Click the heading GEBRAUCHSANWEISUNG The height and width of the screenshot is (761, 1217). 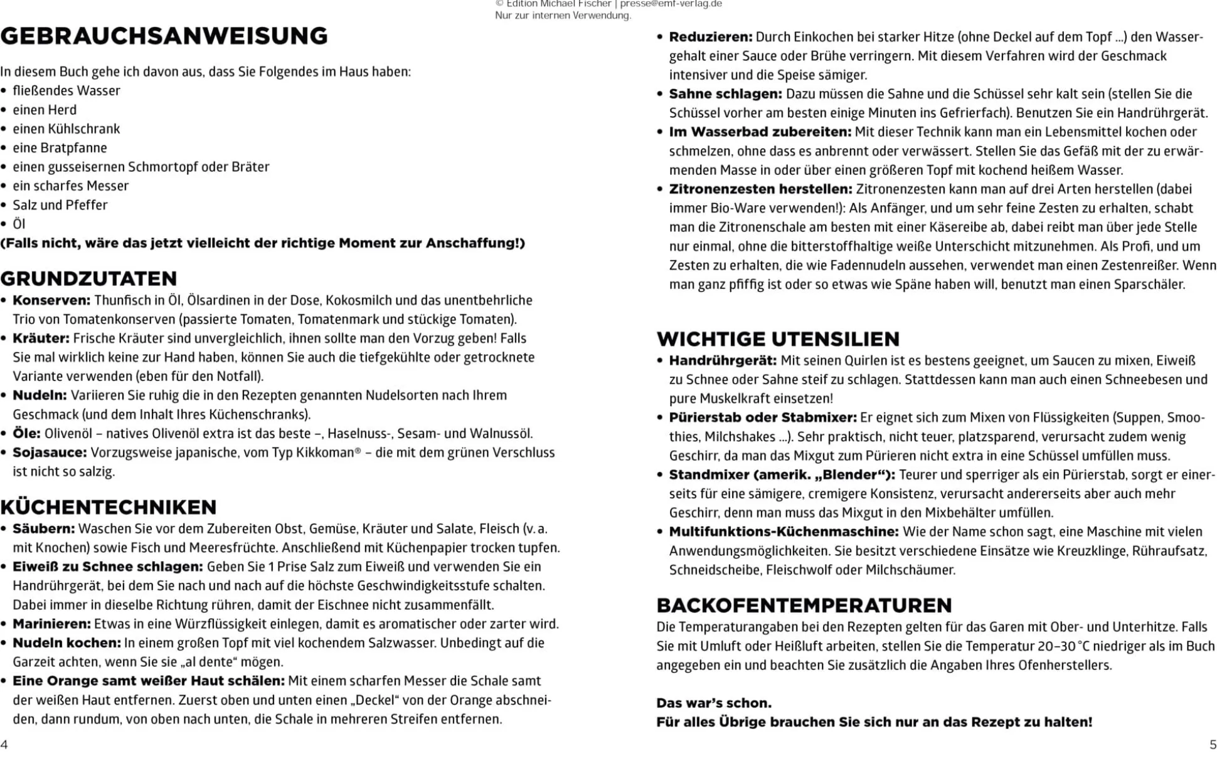pos(164,36)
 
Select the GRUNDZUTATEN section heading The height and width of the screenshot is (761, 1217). pos(88,278)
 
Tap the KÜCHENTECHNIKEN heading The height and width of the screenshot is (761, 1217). pos(109,506)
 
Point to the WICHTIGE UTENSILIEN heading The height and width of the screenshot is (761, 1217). pos(778,339)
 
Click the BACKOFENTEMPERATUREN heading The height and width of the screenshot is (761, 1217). pos(804,605)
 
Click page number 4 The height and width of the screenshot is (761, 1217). pos(4,745)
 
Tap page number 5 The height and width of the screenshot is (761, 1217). pos(1213,745)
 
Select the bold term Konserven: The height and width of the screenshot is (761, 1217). pos(51,300)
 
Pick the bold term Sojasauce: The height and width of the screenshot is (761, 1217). pos(50,453)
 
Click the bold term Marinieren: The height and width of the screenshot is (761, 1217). pos(51,624)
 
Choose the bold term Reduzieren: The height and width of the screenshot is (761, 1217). pos(710,37)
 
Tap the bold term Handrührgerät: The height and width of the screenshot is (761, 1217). pos(723,360)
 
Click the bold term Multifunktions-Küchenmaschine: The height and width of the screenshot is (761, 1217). pos(784,532)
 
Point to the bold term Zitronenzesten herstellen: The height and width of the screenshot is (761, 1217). pos(760,189)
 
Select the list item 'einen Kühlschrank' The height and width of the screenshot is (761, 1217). pos(66,129)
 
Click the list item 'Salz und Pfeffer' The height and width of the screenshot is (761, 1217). pos(60,205)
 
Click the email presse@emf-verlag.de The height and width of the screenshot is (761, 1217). pos(671,4)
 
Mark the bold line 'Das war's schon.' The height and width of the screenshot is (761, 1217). pos(714,703)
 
